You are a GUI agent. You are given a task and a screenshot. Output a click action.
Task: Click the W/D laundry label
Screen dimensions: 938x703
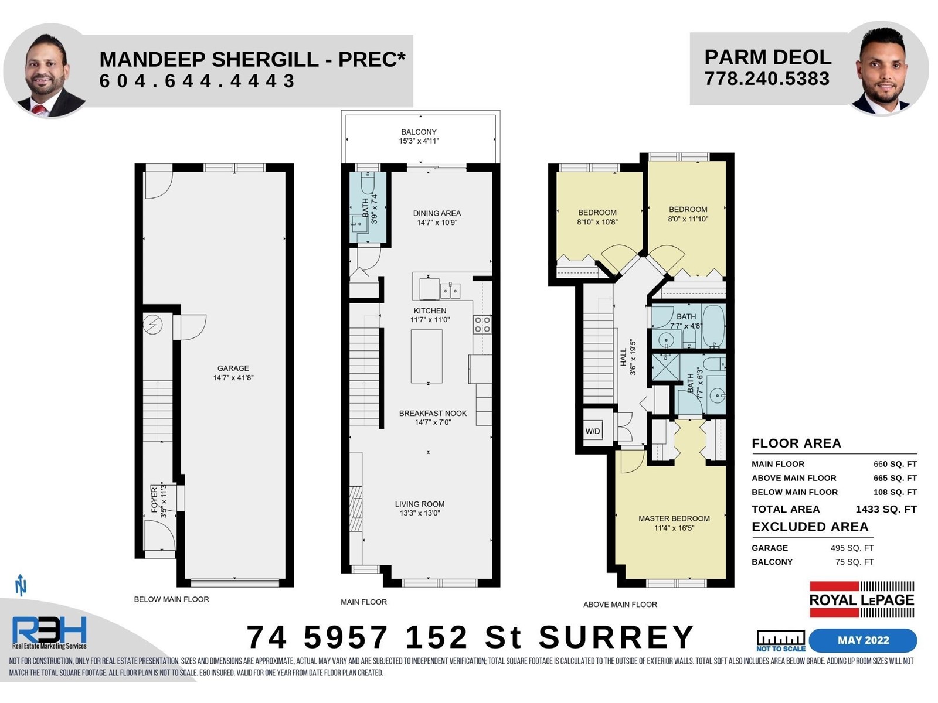tap(592, 431)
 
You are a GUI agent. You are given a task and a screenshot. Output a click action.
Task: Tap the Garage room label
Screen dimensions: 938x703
tap(233, 368)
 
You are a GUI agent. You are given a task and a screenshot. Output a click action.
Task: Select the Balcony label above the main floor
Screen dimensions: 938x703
tap(419, 132)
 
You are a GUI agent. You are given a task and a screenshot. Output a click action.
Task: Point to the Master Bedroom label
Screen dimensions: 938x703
tap(674, 518)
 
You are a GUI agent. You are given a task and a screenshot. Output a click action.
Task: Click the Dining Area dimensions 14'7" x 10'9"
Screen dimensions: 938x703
tap(437, 223)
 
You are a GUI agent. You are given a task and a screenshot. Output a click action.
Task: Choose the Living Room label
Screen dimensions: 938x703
tap(420, 504)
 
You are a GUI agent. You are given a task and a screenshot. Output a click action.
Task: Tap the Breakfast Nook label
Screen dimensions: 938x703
tap(433, 413)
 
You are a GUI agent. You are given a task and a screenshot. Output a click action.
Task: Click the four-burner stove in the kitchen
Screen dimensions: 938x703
tap(482, 325)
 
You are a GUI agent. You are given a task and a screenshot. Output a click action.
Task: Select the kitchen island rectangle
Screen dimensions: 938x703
tap(426, 356)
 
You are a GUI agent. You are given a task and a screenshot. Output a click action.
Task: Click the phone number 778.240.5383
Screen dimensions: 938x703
tap(767, 79)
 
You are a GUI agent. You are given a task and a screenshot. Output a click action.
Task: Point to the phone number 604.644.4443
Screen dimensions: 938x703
tap(197, 81)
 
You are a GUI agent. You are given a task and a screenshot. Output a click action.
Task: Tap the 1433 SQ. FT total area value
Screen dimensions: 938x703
tap(886, 509)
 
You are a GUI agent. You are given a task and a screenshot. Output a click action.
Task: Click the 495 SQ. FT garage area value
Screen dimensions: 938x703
tap(852, 548)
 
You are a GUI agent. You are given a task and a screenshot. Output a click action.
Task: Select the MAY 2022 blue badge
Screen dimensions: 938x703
tap(863, 640)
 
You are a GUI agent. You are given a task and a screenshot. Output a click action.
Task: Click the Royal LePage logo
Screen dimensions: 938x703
tap(862, 599)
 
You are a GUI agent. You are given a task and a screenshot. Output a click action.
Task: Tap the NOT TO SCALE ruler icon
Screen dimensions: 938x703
tap(781, 641)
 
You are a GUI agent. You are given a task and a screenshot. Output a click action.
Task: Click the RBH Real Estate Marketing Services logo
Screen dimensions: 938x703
tap(49, 632)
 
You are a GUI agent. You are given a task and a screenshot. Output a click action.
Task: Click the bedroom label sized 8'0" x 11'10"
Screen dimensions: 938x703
tap(688, 214)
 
